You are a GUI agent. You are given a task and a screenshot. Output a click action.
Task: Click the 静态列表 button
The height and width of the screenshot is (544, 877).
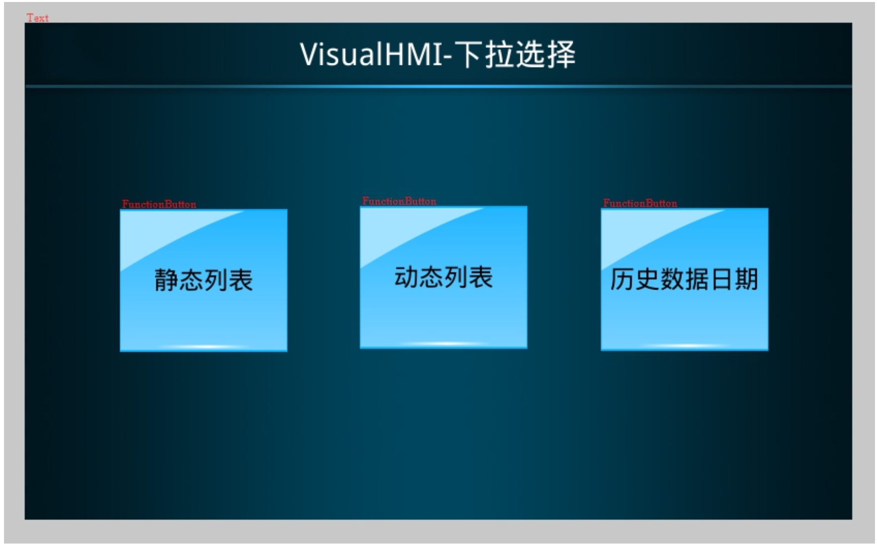204,280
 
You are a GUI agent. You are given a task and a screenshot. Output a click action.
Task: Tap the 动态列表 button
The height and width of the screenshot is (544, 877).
444,277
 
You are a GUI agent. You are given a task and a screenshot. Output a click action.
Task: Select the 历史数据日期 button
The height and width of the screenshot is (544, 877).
684,279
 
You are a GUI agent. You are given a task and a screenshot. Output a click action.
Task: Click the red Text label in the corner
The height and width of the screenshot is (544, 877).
38,18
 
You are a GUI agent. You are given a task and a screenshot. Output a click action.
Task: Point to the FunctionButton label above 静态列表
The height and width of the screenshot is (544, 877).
159,204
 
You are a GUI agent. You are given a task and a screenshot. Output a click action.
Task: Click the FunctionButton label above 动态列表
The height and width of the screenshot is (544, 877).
399,201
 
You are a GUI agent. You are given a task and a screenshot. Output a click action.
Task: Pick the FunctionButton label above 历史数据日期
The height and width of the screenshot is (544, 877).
640,203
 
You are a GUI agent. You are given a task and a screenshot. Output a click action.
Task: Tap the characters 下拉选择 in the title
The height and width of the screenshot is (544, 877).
515,54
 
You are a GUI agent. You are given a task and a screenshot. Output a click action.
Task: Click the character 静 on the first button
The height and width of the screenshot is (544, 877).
166,280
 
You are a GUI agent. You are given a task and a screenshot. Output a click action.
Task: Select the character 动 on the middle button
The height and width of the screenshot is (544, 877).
406,277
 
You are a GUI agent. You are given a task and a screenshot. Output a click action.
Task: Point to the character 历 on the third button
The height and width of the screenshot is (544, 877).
623,279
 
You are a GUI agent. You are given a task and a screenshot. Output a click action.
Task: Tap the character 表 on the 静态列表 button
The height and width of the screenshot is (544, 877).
241,280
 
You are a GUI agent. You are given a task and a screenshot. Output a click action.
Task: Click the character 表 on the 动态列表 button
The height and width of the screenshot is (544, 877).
481,277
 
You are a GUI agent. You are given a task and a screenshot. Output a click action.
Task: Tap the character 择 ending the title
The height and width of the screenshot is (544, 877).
561,54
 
